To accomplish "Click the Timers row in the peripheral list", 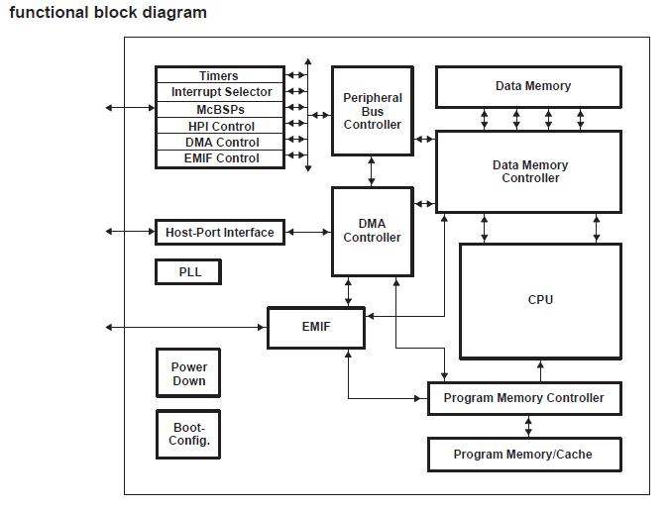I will coord(219,76).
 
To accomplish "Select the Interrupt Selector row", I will coord(219,92).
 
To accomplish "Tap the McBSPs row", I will coord(219,109).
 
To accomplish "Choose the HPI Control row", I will coord(219,126).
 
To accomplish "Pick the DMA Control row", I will coord(219,142).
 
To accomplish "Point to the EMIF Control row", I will coord(219,158).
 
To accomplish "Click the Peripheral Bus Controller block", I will coord(372,111).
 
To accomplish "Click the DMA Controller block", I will coord(372,231).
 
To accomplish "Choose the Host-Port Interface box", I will coord(219,233).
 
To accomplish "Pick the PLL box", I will coord(188,272).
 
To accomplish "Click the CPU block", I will coord(540,300).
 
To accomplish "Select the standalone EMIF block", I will coord(315,327).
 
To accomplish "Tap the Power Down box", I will coord(188,373).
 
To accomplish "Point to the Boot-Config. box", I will coord(188,434).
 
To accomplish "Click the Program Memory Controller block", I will coord(523,398).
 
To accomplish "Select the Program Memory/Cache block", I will coord(523,455).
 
